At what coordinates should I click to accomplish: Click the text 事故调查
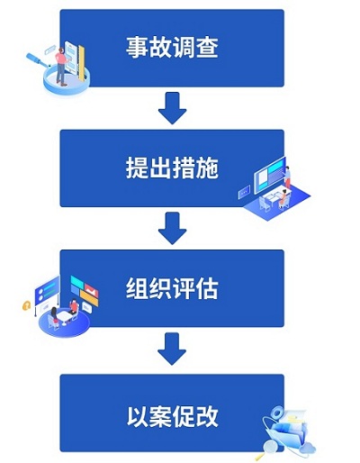tap(172, 47)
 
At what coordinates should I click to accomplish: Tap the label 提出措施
tap(172, 168)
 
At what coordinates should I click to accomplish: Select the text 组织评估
tap(172, 288)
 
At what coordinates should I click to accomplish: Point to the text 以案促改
tap(172, 416)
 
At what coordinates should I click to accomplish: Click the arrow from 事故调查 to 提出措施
tap(173, 108)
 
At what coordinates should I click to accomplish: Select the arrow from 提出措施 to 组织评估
tap(173, 228)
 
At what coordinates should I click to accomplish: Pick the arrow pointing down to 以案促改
tap(172, 349)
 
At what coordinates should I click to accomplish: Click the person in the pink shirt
tap(61, 67)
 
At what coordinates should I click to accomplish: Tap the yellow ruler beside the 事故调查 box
tap(81, 62)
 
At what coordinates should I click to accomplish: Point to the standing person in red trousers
tap(287, 177)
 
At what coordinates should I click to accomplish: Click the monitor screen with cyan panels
tap(269, 175)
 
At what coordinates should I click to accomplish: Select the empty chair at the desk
tap(264, 204)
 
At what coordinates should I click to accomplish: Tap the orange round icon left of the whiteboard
tap(26, 305)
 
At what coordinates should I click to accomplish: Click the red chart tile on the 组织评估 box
tap(91, 290)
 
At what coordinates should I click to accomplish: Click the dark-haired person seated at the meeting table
tap(54, 316)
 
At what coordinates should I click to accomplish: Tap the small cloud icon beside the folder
tap(308, 449)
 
